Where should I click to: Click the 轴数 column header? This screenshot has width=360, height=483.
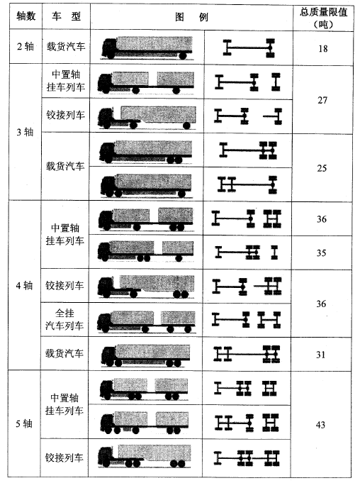(26, 16)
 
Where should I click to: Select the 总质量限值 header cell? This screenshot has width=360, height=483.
(323, 17)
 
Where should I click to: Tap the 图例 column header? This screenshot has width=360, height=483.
(191, 17)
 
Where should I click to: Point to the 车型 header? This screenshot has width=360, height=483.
(66, 16)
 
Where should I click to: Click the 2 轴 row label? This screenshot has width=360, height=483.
(26, 47)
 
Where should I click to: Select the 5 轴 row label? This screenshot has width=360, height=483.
(24, 423)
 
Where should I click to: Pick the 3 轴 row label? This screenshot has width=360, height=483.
(25, 132)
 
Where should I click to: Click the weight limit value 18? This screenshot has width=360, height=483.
(323, 48)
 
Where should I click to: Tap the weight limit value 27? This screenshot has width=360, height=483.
(322, 100)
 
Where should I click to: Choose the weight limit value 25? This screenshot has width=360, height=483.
(322, 168)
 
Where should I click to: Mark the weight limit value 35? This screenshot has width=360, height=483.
(321, 253)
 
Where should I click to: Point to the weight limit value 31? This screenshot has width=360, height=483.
(320, 355)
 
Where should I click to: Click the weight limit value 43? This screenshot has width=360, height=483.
(320, 425)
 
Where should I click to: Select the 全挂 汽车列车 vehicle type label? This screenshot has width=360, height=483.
(64, 319)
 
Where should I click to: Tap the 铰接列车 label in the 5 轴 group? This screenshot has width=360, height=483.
(64, 457)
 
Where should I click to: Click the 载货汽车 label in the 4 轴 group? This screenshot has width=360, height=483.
(64, 353)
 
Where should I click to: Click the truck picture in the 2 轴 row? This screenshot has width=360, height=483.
(147, 48)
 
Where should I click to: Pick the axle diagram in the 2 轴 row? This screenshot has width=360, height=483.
(249, 48)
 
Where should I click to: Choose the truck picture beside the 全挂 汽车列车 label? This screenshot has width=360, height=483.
(147, 321)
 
